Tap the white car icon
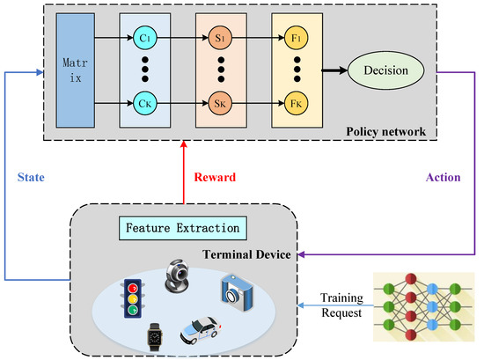[x=200, y=329]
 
